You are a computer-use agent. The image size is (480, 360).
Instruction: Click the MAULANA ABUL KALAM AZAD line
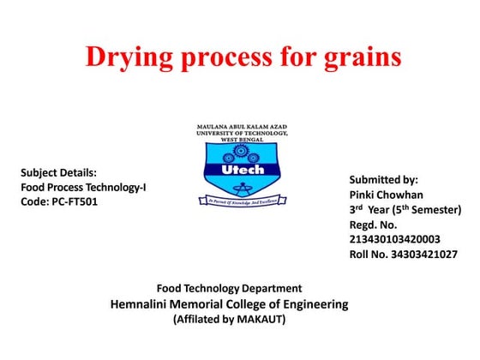tap(243, 127)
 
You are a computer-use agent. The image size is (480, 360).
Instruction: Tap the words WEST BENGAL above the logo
tap(243, 140)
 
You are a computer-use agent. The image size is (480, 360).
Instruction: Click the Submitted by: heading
tap(383, 180)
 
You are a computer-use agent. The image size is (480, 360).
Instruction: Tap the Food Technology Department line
tap(229, 288)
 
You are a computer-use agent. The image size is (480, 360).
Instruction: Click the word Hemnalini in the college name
tap(146, 304)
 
